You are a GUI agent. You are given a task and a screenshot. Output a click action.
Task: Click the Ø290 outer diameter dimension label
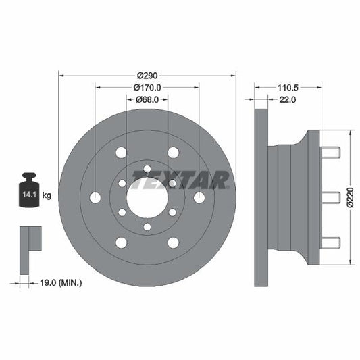[147, 76]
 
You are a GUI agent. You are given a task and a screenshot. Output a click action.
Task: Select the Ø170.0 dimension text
[147, 87]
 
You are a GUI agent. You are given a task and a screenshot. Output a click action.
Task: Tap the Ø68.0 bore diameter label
[147, 99]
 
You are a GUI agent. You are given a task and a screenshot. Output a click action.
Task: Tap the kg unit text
[47, 195]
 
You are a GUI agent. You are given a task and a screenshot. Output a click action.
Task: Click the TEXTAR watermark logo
[181, 180]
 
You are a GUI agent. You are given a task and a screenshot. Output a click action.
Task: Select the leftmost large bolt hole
[95, 197]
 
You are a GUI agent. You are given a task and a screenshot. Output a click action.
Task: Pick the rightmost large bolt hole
[199, 197]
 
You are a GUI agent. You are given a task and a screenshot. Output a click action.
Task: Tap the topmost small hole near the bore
[147, 168]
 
